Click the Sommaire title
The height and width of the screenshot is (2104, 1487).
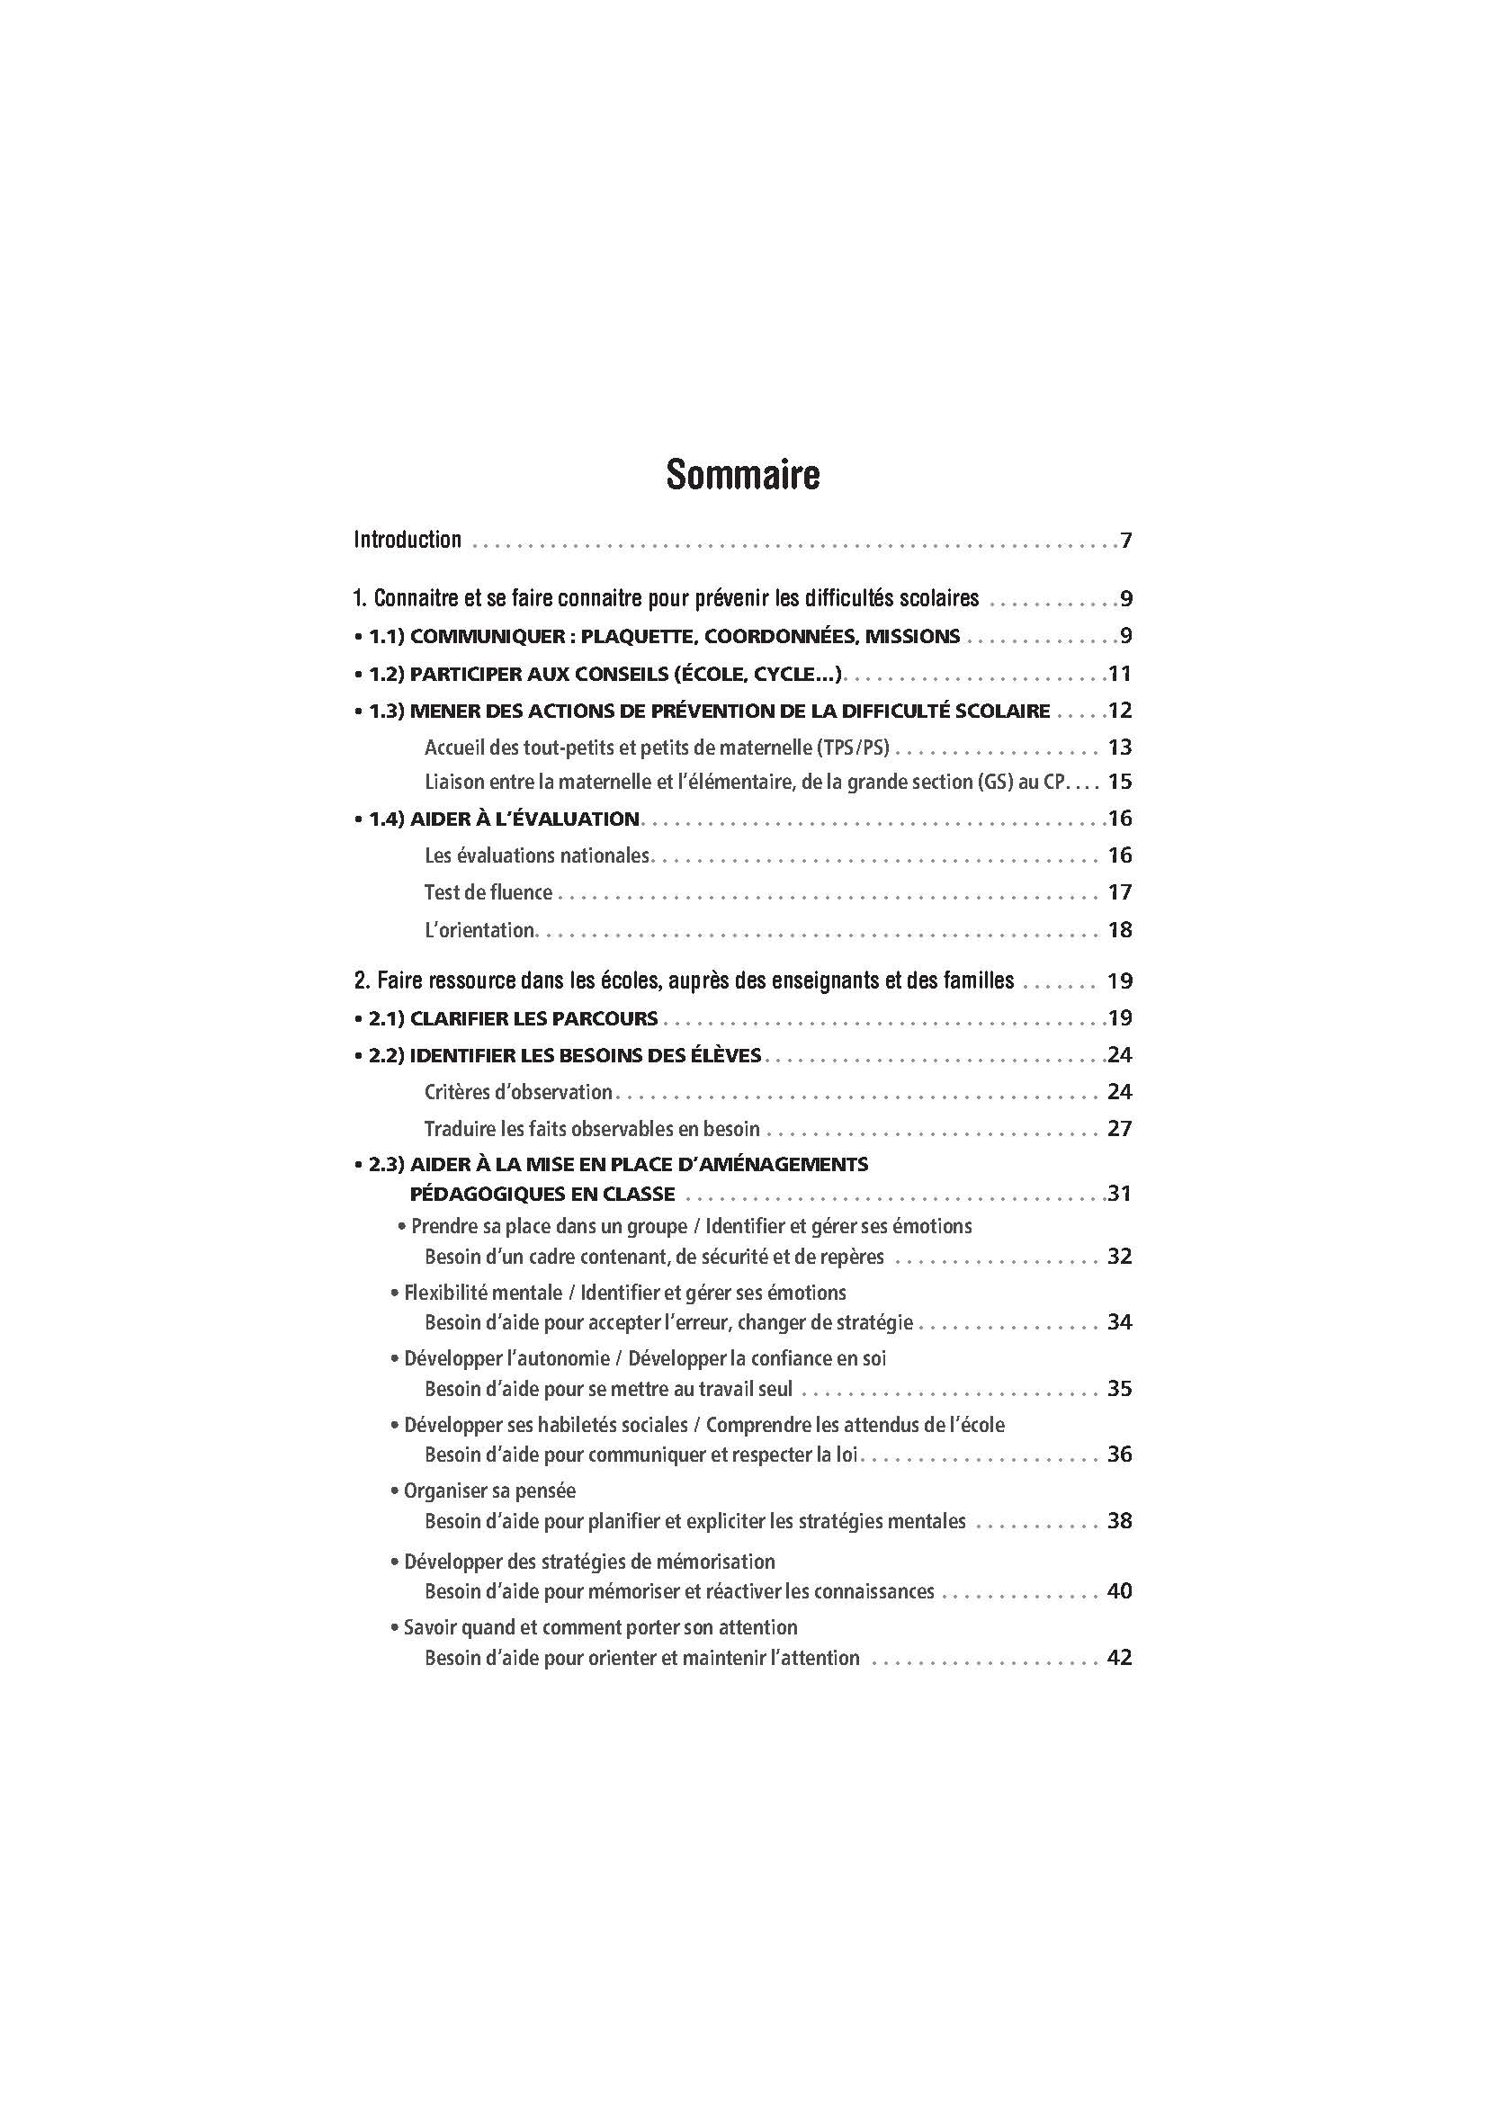(x=742, y=475)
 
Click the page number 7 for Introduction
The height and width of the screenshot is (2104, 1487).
(x=1126, y=541)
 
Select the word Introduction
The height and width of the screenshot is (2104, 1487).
(x=408, y=540)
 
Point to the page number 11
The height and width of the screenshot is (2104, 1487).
(x=1120, y=675)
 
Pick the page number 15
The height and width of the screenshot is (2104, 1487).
(x=1120, y=782)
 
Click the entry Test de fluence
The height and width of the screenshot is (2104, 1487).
(x=488, y=892)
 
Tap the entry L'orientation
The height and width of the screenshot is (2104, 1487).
(x=479, y=930)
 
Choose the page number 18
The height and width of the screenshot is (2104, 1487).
(x=1120, y=930)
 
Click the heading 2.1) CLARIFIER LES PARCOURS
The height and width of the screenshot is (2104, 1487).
(x=513, y=1018)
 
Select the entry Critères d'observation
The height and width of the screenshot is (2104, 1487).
(x=518, y=1092)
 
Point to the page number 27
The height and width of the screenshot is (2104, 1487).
(x=1120, y=1129)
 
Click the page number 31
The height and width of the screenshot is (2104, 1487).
(x=1120, y=1194)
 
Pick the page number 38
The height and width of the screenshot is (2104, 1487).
(x=1120, y=1521)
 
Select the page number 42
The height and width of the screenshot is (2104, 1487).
(x=1120, y=1658)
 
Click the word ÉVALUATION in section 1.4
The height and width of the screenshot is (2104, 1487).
(x=574, y=819)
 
